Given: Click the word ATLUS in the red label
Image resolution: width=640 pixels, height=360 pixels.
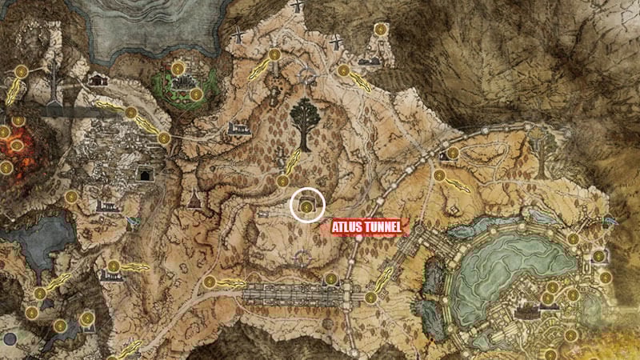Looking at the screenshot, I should (350, 228).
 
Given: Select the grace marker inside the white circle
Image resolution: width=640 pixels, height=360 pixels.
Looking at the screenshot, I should (306, 207).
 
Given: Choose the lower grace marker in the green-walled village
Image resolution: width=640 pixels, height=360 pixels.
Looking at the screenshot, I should (195, 94).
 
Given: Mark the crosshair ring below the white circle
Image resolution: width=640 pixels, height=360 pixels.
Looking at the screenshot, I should (302, 258).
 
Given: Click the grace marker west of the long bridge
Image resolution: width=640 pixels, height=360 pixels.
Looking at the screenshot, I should (210, 282).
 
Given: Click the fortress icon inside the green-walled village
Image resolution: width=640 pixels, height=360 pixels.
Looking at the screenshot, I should (186, 80).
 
